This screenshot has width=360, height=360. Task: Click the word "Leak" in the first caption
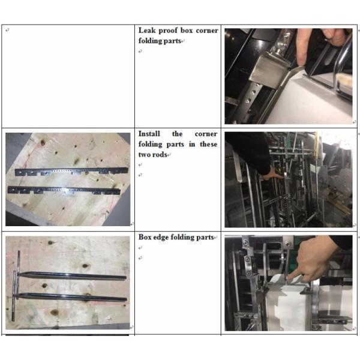[x=147, y=31]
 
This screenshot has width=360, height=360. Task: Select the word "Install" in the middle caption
[x=149, y=134]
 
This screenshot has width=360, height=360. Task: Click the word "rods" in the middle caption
[x=160, y=155]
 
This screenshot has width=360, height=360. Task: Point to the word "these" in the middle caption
[x=208, y=144]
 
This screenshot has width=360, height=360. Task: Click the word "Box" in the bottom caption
[x=145, y=237]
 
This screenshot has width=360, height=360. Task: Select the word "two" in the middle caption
[x=145, y=155]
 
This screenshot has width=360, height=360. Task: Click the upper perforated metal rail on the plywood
[x=71, y=171]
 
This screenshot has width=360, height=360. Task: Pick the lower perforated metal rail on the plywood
[x=64, y=191]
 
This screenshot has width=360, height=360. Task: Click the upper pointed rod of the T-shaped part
[x=71, y=275]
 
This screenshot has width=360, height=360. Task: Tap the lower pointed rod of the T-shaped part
[x=71, y=297]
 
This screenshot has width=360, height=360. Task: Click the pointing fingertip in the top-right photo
[x=301, y=62]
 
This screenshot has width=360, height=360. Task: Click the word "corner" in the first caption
[x=207, y=31]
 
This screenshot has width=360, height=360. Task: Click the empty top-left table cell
[x=68, y=76]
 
